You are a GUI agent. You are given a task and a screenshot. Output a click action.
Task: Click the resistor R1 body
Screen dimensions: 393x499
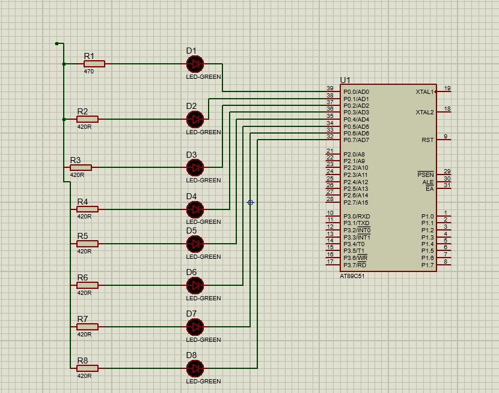pyautogui.click(x=94, y=64)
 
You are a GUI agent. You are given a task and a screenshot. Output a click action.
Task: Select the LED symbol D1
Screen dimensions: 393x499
pyautogui.click(x=195, y=63)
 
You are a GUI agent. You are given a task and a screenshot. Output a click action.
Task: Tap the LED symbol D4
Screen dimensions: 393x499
pyautogui.click(x=195, y=209)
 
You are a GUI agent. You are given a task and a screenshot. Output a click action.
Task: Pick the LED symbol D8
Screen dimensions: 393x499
pyautogui.click(x=195, y=368)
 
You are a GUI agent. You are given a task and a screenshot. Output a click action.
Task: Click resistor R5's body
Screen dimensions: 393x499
pyautogui.click(x=87, y=244)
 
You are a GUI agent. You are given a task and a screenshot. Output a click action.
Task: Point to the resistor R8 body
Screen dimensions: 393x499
pyautogui.click(x=87, y=368)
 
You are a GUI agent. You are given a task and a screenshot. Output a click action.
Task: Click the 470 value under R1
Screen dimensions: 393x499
pyautogui.click(x=89, y=72)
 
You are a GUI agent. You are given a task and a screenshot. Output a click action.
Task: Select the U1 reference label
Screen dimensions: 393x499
pyautogui.click(x=345, y=80)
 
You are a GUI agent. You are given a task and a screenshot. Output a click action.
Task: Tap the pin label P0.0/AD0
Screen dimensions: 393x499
pyautogui.click(x=356, y=92)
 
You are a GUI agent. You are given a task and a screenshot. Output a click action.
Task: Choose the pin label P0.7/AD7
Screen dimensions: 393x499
pyautogui.click(x=356, y=140)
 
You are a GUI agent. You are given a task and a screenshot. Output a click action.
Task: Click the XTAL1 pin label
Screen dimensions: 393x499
pyautogui.click(x=424, y=92)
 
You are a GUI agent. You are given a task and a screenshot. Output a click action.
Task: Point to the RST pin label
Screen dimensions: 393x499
pyautogui.click(x=427, y=140)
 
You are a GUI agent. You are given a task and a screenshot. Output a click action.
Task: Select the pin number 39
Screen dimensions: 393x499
pyautogui.click(x=330, y=88)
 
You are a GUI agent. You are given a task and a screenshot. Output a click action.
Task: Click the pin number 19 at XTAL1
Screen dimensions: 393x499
pyautogui.click(x=447, y=88)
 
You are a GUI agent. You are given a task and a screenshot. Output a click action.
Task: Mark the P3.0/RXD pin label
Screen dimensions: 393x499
pyautogui.click(x=357, y=217)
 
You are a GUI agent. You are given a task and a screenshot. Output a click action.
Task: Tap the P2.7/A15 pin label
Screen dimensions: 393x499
pyautogui.click(x=356, y=203)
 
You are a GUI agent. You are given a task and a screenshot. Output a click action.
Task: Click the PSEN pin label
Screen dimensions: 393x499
pyautogui.click(x=425, y=175)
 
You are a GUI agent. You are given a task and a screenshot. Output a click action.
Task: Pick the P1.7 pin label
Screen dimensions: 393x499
pyautogui.click(x=427, y=265)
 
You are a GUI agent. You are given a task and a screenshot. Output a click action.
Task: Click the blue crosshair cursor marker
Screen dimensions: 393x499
pyautogui.click(x=250, y=203)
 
